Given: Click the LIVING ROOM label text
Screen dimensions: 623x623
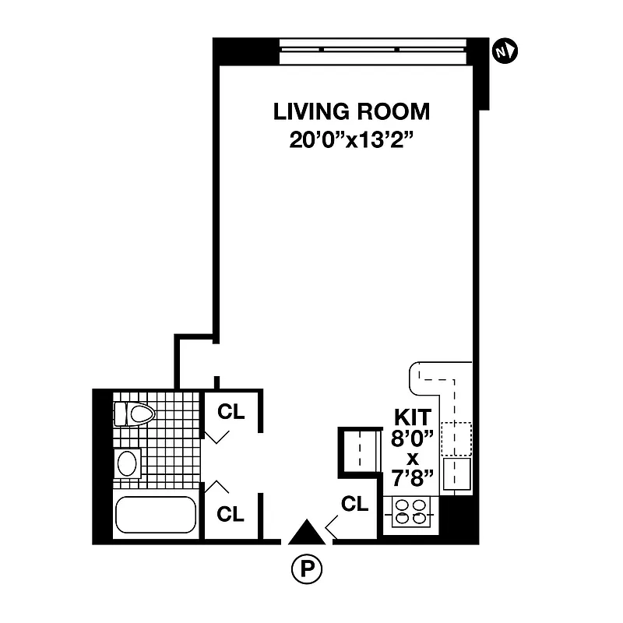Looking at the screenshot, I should coord(351,111).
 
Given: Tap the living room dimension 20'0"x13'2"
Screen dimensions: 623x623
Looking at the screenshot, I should coord(351,142).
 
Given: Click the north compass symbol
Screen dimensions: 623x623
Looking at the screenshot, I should coord(505,51).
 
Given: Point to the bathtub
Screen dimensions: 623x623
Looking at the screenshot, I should coord(155,515).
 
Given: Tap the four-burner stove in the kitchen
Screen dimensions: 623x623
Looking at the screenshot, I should coord(410,511).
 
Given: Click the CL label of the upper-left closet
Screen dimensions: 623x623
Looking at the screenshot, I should coord(231,413).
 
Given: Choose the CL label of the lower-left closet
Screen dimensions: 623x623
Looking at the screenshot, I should coord(231,514).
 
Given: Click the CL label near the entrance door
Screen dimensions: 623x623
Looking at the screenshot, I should coord(354,504).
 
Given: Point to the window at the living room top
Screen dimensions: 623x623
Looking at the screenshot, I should coord(376,51).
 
